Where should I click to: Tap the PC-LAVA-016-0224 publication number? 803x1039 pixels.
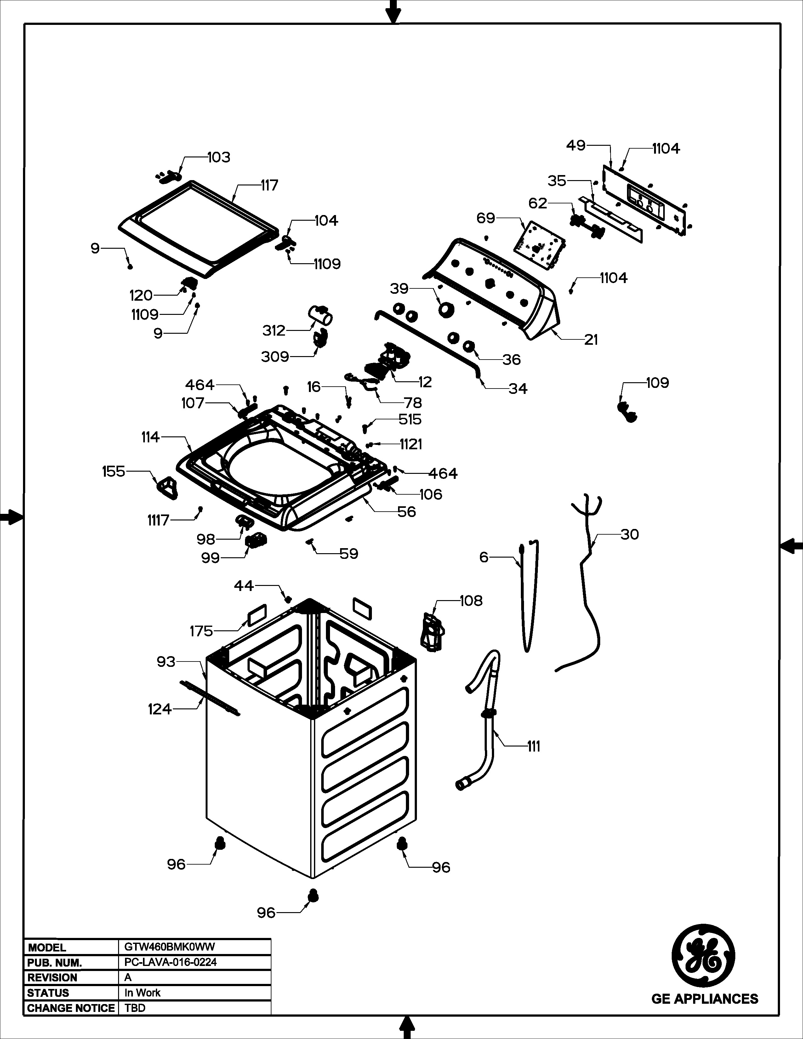(x=170, y=962)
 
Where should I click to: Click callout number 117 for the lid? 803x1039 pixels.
(x=269, y=185)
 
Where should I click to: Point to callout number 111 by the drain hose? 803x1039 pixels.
(x=534, y=747)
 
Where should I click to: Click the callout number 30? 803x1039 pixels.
(x=629, y=534)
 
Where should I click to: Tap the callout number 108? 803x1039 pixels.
(x=471, y=601)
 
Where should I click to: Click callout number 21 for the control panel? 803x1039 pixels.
(x=591, y=340)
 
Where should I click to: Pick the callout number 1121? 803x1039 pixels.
(x=411, y=444)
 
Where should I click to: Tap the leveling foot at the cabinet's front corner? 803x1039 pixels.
(x=313, y=894)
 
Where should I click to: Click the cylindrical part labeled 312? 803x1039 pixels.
(x=320, y=315)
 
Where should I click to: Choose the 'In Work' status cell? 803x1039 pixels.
(x=142, y=993)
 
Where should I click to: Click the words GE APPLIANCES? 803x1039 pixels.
(x=704, y=999)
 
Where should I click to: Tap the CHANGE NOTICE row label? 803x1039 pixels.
(x=71, y=1008)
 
